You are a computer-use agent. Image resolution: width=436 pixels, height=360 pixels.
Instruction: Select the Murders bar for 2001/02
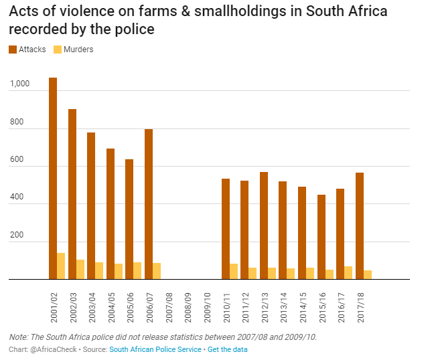61,266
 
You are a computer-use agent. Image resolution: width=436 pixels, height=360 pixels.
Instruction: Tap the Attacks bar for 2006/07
149,204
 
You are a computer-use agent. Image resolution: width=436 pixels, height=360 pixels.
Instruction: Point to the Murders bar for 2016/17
348,272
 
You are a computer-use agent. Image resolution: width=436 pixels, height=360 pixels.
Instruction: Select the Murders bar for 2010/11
233,271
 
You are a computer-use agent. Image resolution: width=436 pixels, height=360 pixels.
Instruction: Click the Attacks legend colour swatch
13,50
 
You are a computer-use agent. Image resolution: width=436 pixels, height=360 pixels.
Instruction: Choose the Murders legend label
78,50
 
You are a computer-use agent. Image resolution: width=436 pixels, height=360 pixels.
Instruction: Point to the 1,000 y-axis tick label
20,84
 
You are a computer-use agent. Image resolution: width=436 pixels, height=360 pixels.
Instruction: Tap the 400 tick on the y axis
17,198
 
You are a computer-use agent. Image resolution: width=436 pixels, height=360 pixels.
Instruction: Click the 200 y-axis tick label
17,236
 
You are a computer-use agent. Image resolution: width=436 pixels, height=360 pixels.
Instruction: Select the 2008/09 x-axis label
188,306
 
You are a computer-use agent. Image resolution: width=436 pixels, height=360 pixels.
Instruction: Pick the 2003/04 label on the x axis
92,306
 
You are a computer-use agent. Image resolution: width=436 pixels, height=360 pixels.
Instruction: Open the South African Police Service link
155,349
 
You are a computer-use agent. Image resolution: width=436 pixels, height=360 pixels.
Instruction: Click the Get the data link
227,349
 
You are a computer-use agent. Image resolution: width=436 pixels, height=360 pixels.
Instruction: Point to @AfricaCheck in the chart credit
48,349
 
